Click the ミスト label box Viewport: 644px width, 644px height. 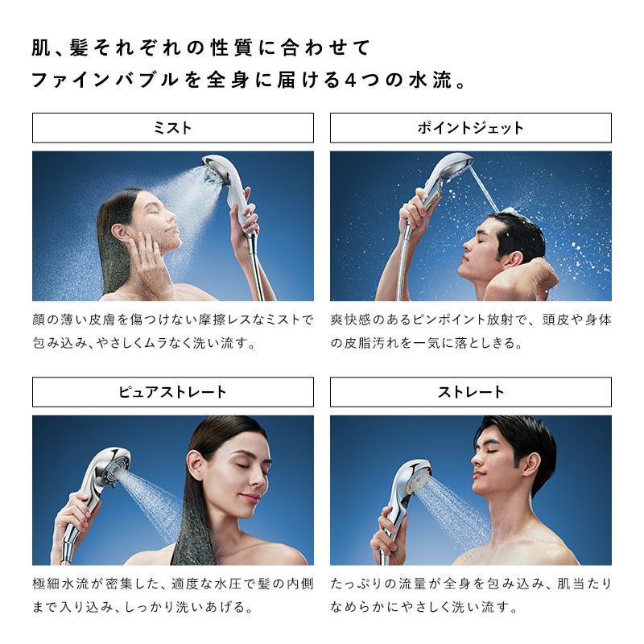click(172, 128)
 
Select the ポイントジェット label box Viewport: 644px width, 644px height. click(470, 128)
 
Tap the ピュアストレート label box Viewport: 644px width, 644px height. click(172, 392)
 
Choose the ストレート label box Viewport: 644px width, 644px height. click(470, 392)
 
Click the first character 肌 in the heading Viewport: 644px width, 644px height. click(41, 47)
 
